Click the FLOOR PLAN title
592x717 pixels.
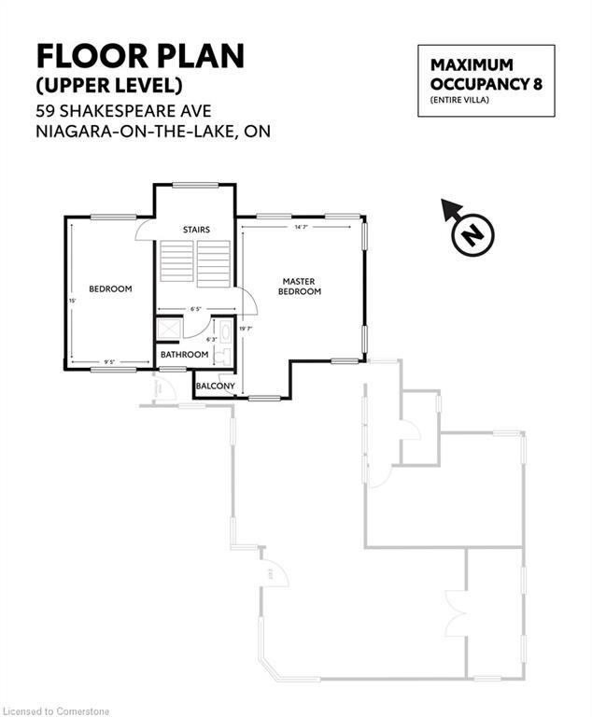(x=140, y=55)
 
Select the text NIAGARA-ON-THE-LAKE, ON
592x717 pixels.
(x=153, y=132)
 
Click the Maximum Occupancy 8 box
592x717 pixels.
(x=486, y=80)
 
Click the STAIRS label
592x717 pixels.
(x=196, y=230)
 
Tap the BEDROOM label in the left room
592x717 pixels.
(x=110, y=289)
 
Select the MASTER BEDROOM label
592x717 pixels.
(x=301, y=287)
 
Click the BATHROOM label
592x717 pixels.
(x=184, y=355)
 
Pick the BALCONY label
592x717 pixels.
(x=216, y=386)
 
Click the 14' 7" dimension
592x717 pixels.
(x=301, y=227)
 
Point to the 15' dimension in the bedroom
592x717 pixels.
(x=73, y=301)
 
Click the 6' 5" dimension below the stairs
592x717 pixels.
(x=196, y=309)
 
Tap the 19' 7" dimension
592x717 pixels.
(x=246, y=329)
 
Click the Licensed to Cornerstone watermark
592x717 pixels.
(x=56, y=710)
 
